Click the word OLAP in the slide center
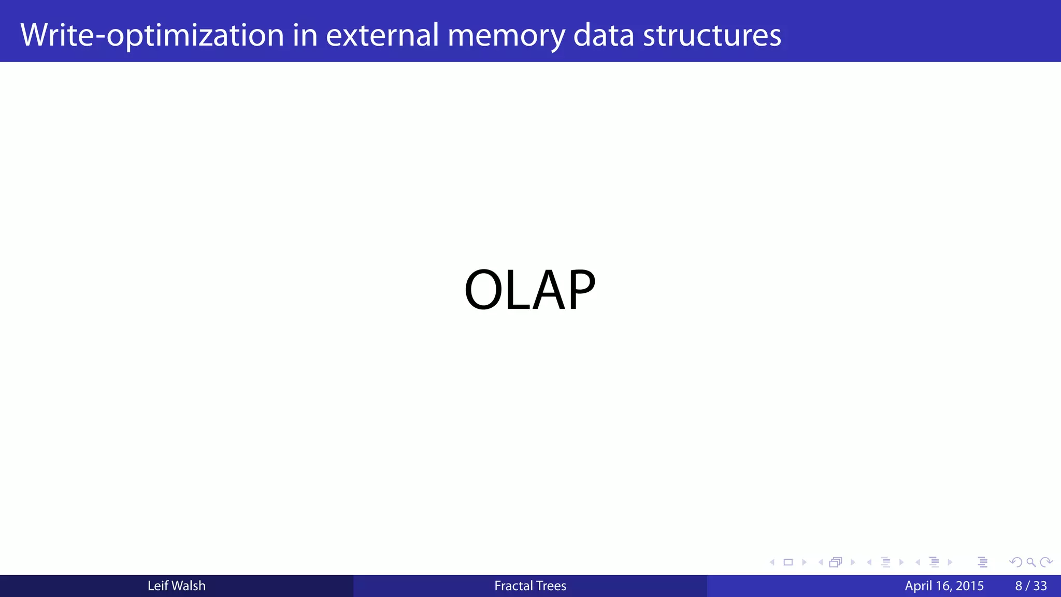click(529, 290)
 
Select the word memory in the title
click(506, 35)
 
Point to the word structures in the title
click(712, 35)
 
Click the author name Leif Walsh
click(176, 586)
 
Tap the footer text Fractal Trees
click(530, 586)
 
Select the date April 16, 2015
click(944, 586)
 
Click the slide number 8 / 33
click(1031, 586)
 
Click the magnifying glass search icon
click(1031, 562)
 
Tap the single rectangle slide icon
click(788, 562)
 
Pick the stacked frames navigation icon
click(835, 562)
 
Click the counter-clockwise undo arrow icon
click(1015, 562)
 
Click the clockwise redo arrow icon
click(1046, 562)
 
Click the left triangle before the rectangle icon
click(772, 562)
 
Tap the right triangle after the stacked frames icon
click(853, 562)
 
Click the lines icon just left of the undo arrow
click(982, 562)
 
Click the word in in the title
click(305, 35)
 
